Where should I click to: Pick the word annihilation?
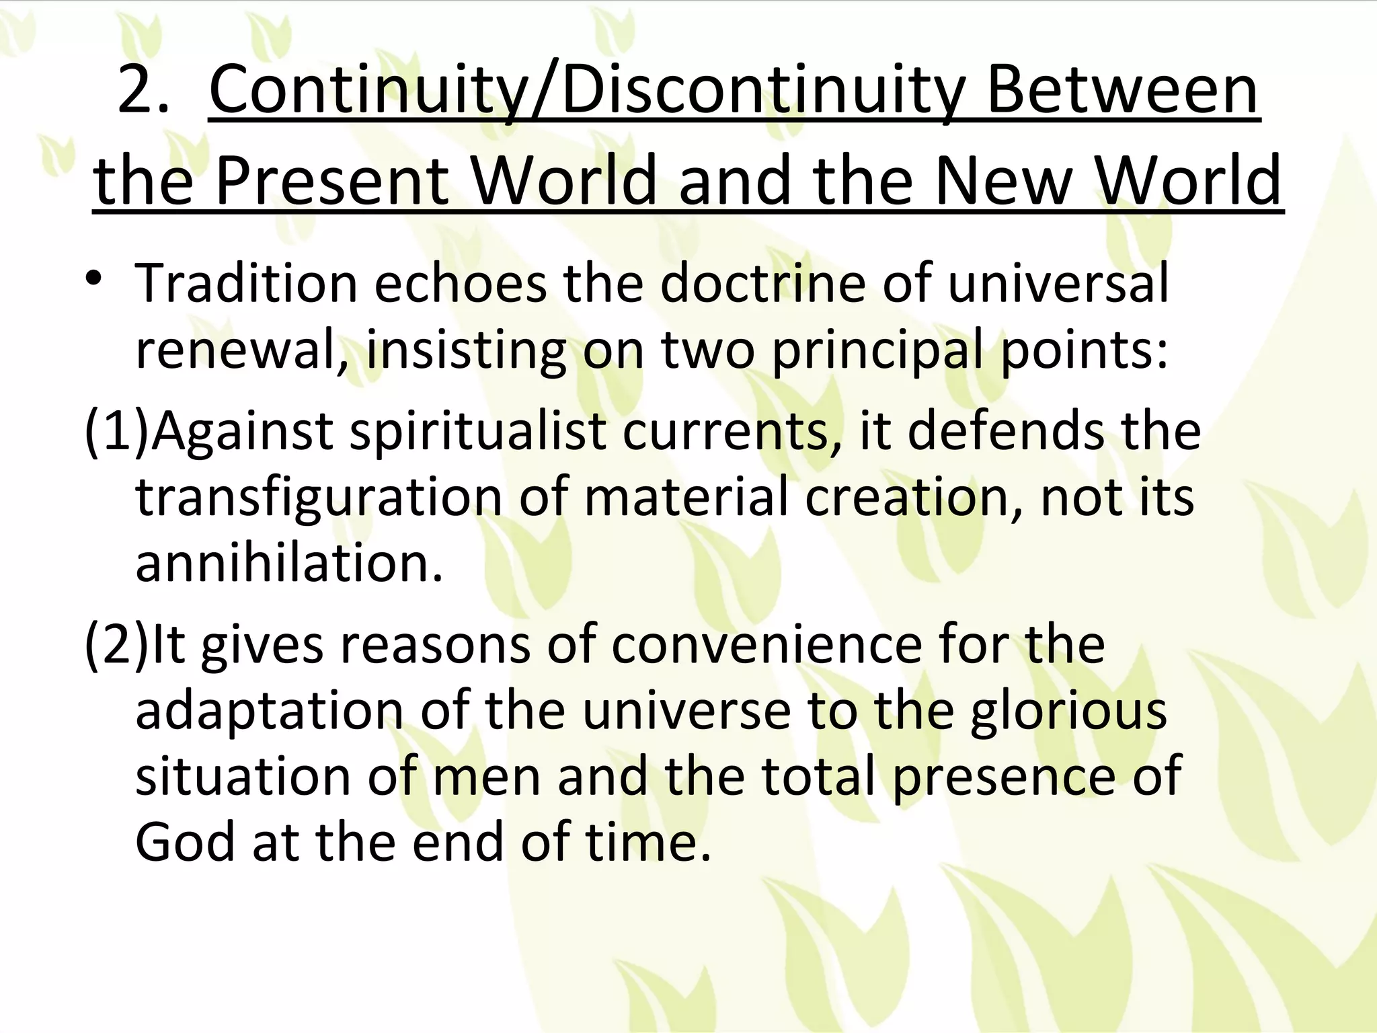[x=289, y=563]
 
